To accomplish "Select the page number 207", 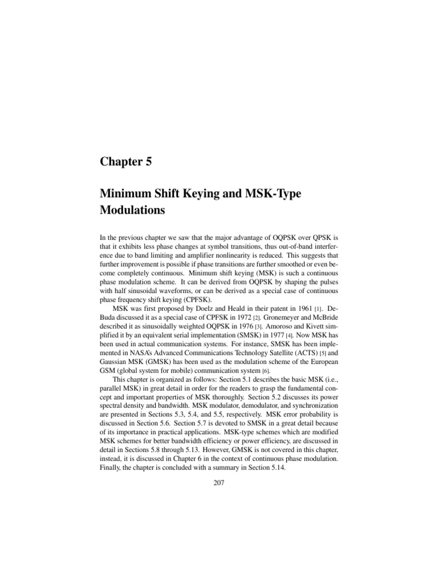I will [x=219, y=483].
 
